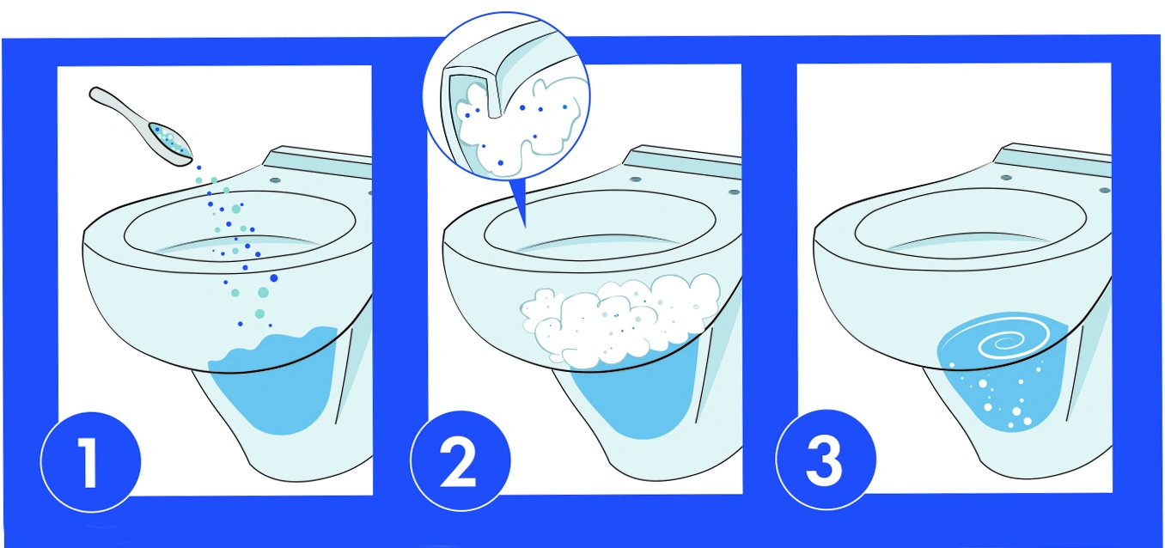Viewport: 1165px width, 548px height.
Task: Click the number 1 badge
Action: coord(90,462)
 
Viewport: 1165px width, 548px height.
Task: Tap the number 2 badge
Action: coord(461,460)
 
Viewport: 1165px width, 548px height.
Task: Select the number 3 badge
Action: coord(826,460)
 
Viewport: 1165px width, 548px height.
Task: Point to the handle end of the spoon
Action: coord(96,94)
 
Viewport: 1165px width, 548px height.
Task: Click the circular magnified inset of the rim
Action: coord(507,96)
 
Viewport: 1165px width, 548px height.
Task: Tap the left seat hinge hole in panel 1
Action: coord(275,180)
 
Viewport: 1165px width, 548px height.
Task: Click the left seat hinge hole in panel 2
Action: coord(635,180)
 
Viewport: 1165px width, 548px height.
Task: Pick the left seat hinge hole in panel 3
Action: coord(1006,178)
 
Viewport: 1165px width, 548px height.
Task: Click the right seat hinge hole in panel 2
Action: coord(734,192)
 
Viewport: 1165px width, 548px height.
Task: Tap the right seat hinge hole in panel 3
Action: coord(1105,191)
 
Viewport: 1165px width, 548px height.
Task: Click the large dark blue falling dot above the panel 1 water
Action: coord(274,278)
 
